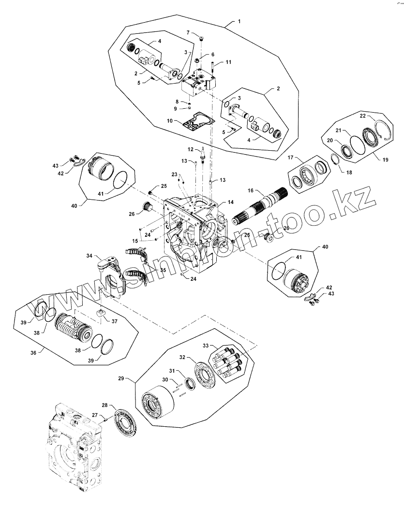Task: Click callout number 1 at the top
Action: click(x=239, y=21)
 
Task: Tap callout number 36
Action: click(x=34, y=352)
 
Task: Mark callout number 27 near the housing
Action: click(x=95, y=415)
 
